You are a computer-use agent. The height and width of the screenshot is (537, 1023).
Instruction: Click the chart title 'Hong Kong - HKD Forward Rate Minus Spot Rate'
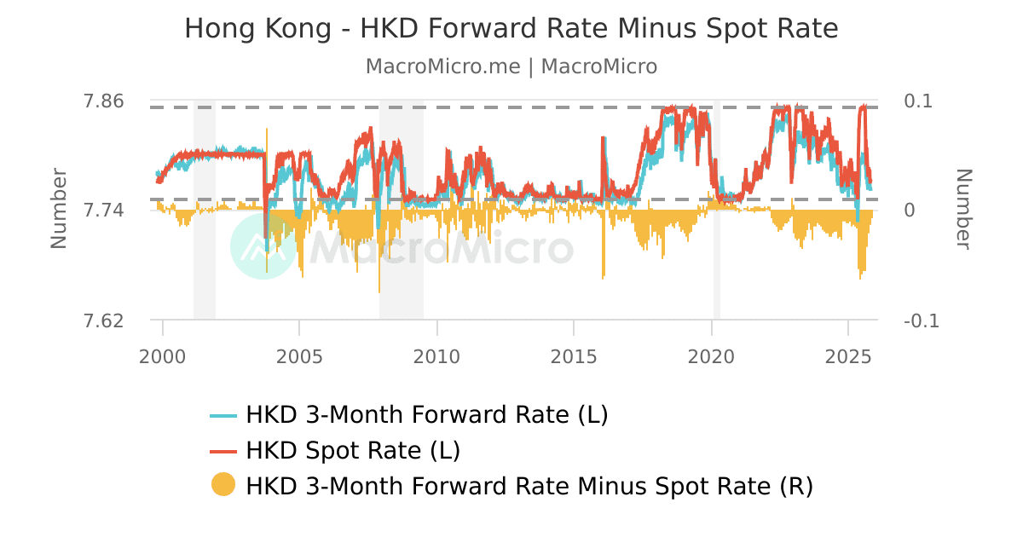[x=511, y=29]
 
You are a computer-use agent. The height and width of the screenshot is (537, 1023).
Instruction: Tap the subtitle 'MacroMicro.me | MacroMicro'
[x=511, y=66]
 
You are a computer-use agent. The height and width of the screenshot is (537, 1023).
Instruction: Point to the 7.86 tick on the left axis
[x=103, y=101]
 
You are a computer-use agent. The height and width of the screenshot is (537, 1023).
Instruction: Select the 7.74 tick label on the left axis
[x=103, y=211]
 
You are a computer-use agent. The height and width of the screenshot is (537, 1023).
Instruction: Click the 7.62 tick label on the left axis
[x=103, y=320]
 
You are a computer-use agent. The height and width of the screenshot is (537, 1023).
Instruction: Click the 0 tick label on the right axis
[x=910, y=211]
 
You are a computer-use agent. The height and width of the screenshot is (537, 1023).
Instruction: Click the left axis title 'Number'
[x=58, y=209]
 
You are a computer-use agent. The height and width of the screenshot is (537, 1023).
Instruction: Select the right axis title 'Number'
[x=963, y=209]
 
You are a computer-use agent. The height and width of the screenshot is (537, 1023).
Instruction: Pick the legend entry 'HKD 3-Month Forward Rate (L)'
[x=426, y=415]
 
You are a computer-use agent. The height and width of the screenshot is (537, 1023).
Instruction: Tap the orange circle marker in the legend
[x=223, y=485]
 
